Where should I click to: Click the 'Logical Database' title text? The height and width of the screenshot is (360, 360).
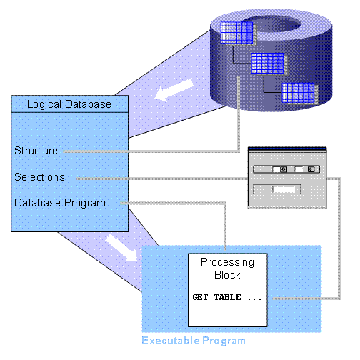click(x=69, y=104)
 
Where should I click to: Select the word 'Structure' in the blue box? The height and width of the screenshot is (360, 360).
click(x=36, y=151)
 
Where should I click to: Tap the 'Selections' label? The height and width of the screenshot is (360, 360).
click(x=39, y=176)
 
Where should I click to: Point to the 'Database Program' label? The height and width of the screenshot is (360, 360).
click(x=60, y=203)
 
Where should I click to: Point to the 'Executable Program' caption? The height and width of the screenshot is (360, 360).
click(x=193, y=341)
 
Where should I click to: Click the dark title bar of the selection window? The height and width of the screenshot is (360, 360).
click(x=286, y=150)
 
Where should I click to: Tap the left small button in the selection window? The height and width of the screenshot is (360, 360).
click(x=283, y=170)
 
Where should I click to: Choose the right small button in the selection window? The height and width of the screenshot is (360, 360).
click(x=309, y=170)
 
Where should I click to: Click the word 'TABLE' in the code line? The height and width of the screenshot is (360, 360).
click(x=226, y=296)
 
